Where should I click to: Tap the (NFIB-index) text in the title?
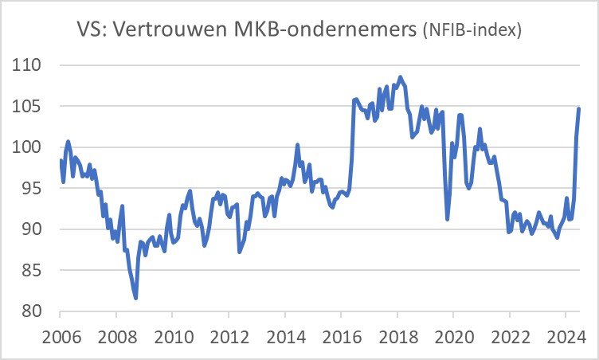[471, 32]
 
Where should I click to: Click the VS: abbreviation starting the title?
[92, 31]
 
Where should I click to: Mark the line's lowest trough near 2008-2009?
[136, 298]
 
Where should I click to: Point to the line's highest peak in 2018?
[400, 77]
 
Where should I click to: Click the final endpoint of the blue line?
[578, 108]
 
